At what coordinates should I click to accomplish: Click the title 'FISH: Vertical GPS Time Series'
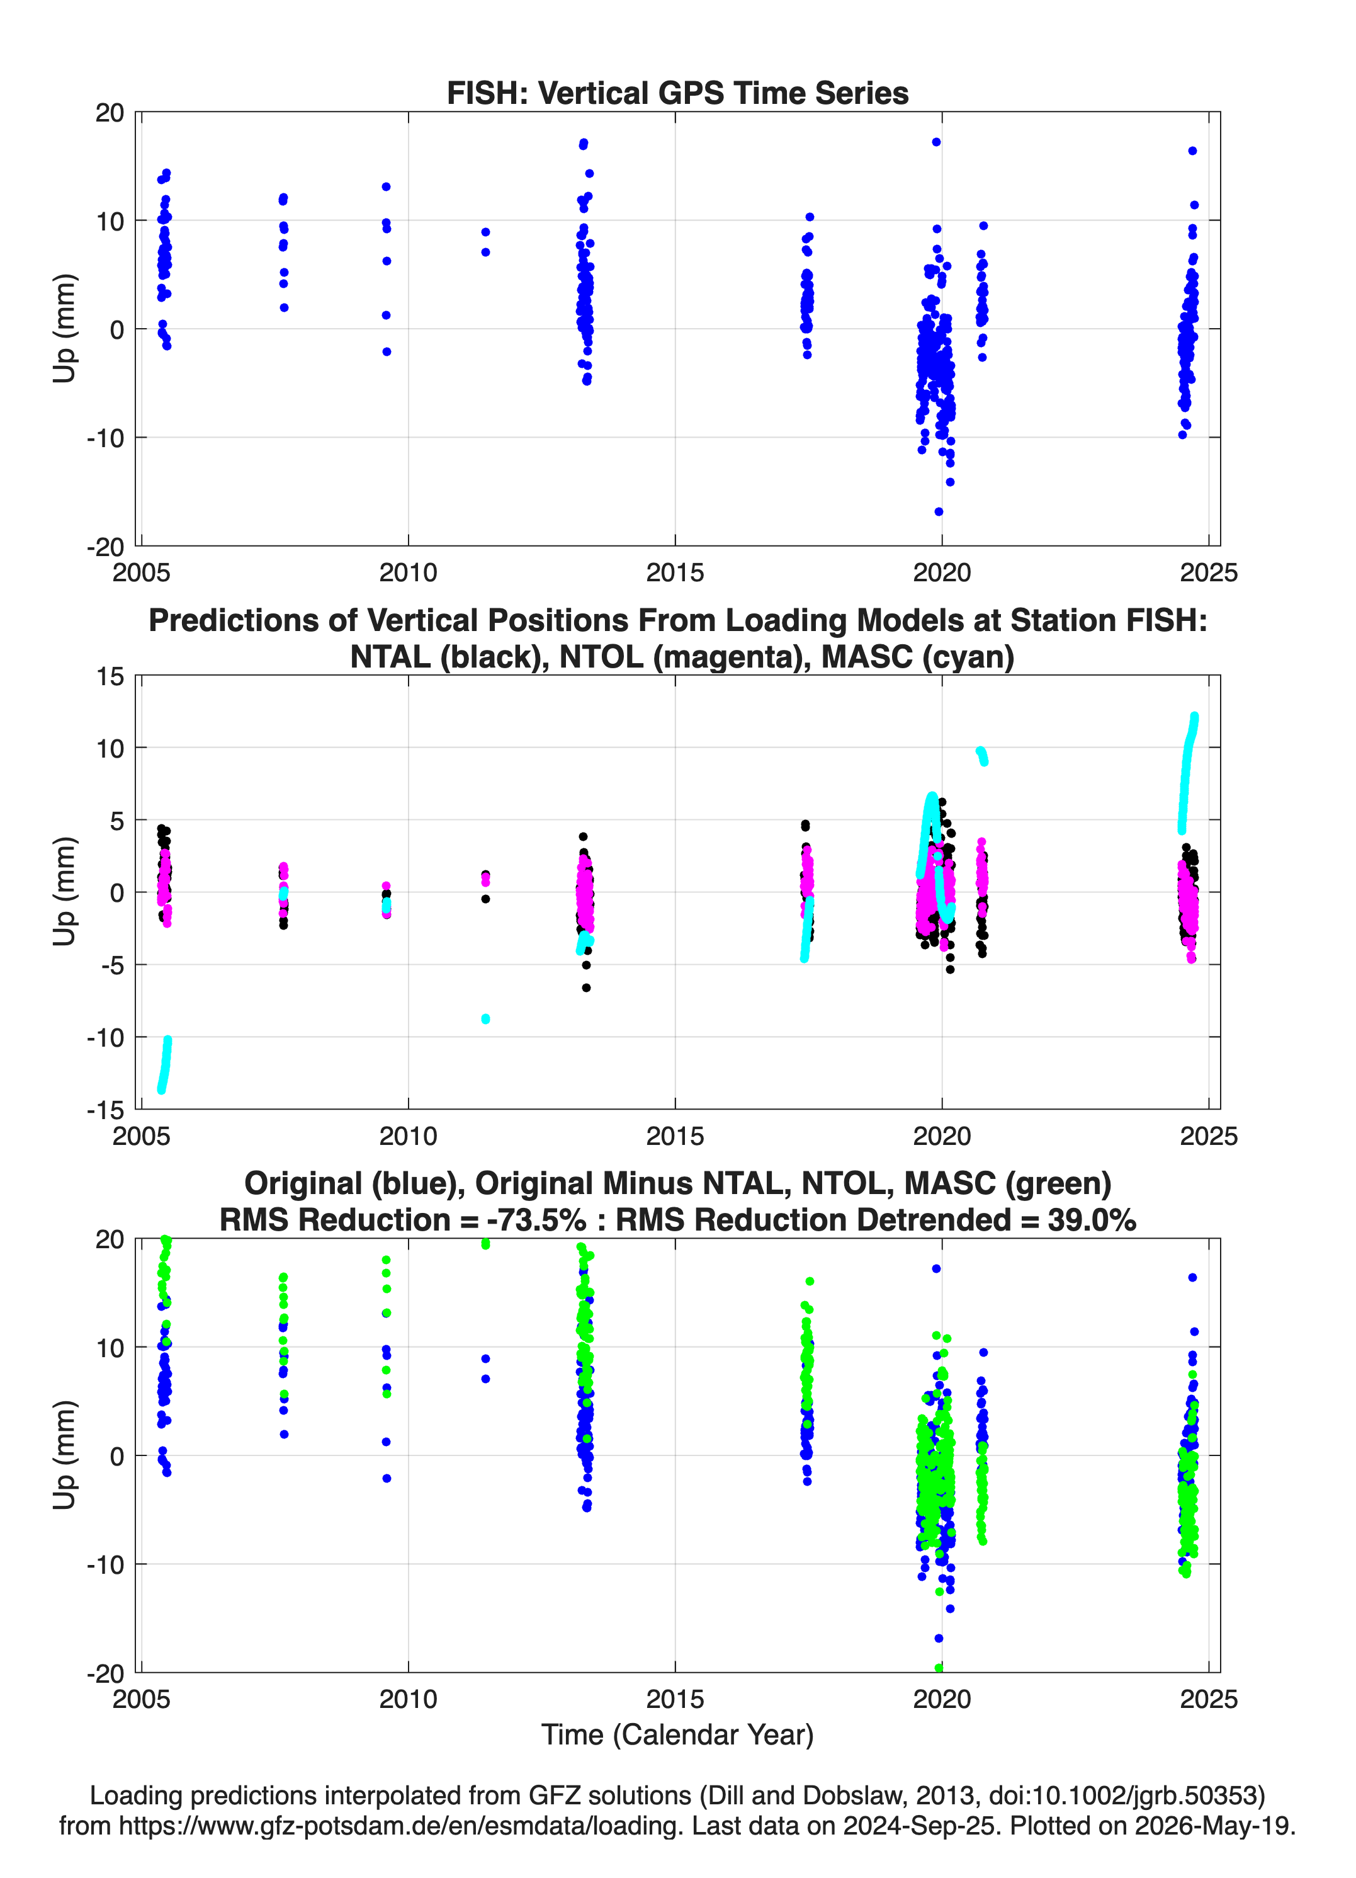(x=677, y=93)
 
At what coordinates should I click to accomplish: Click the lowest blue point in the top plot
(x=938, y=512)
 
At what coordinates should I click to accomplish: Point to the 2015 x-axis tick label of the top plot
(x=675, y=572)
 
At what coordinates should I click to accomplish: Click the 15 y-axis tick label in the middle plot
(x=110, y=676)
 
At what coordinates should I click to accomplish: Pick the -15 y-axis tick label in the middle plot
(x=105, y=1110)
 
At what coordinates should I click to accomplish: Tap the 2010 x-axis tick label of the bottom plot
(x=408, y=1699)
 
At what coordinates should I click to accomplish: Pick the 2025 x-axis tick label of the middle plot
(x=1209, y=1136)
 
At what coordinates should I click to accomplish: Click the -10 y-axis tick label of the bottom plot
(x=105, y=1564)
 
